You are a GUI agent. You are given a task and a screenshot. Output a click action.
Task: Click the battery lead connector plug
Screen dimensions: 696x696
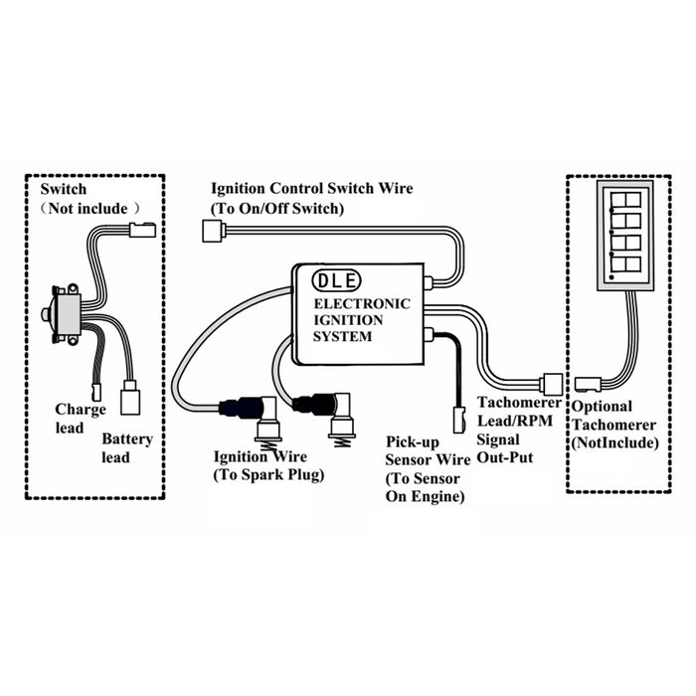coord(129,400)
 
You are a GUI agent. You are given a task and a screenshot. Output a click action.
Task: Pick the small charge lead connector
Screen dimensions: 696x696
coord(96,392)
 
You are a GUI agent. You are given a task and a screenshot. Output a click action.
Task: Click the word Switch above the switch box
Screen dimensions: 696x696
coord(63,188)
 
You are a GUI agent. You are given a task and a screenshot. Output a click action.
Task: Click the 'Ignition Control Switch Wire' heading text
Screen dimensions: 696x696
coord(310,188)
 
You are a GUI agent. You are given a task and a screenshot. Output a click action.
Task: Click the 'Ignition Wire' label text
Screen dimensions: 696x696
coord(255,456)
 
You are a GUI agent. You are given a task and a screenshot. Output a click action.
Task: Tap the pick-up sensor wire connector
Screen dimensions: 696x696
coord(459,418)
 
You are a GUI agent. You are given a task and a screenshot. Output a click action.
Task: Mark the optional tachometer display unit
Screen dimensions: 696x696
coord(624,235)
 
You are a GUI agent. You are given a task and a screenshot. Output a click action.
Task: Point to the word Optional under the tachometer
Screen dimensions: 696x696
coord(602,406)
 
